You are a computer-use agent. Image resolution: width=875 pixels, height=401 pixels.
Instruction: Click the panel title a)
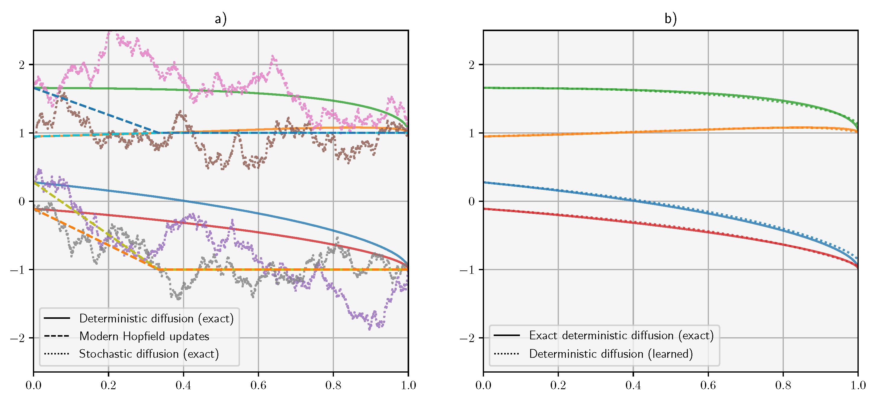[x=220, y=19]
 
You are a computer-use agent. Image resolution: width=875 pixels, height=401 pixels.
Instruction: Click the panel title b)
[x=670, y=19]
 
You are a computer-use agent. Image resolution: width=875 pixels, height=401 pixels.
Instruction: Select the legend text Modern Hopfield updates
[x=144, y=336]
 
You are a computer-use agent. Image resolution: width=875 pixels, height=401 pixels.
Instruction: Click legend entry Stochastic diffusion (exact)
[x=149, y=354]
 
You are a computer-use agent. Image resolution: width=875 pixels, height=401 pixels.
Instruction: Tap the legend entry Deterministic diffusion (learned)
[x=611, y=354]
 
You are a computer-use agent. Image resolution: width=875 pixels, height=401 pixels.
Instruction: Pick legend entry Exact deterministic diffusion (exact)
[x=621, y=335]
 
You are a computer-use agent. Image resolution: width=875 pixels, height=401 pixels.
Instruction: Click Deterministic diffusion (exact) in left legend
[x=156, y=319]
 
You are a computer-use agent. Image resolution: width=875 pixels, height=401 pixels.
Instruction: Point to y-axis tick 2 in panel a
[x=22, y=65]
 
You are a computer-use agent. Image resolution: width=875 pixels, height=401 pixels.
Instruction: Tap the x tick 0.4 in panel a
[x=184, y=385]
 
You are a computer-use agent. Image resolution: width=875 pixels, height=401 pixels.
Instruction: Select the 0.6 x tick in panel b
[x=708, y=385]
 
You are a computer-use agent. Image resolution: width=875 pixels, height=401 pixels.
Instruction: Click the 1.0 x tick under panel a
[x=408, y=385]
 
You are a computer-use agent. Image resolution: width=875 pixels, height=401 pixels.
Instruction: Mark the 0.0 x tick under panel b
[x=483, y=385]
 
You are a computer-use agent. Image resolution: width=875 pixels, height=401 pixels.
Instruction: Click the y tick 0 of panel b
[x=472, y=202]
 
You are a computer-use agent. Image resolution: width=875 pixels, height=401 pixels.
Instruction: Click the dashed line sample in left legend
[x=56, y=336]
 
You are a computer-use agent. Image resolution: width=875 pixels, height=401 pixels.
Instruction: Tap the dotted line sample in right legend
[x=506, y=354]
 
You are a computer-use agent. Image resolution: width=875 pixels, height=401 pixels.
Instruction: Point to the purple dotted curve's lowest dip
[x=370, y=328]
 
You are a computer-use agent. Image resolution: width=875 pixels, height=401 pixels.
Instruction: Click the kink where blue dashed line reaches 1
[x=159, y=133]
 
